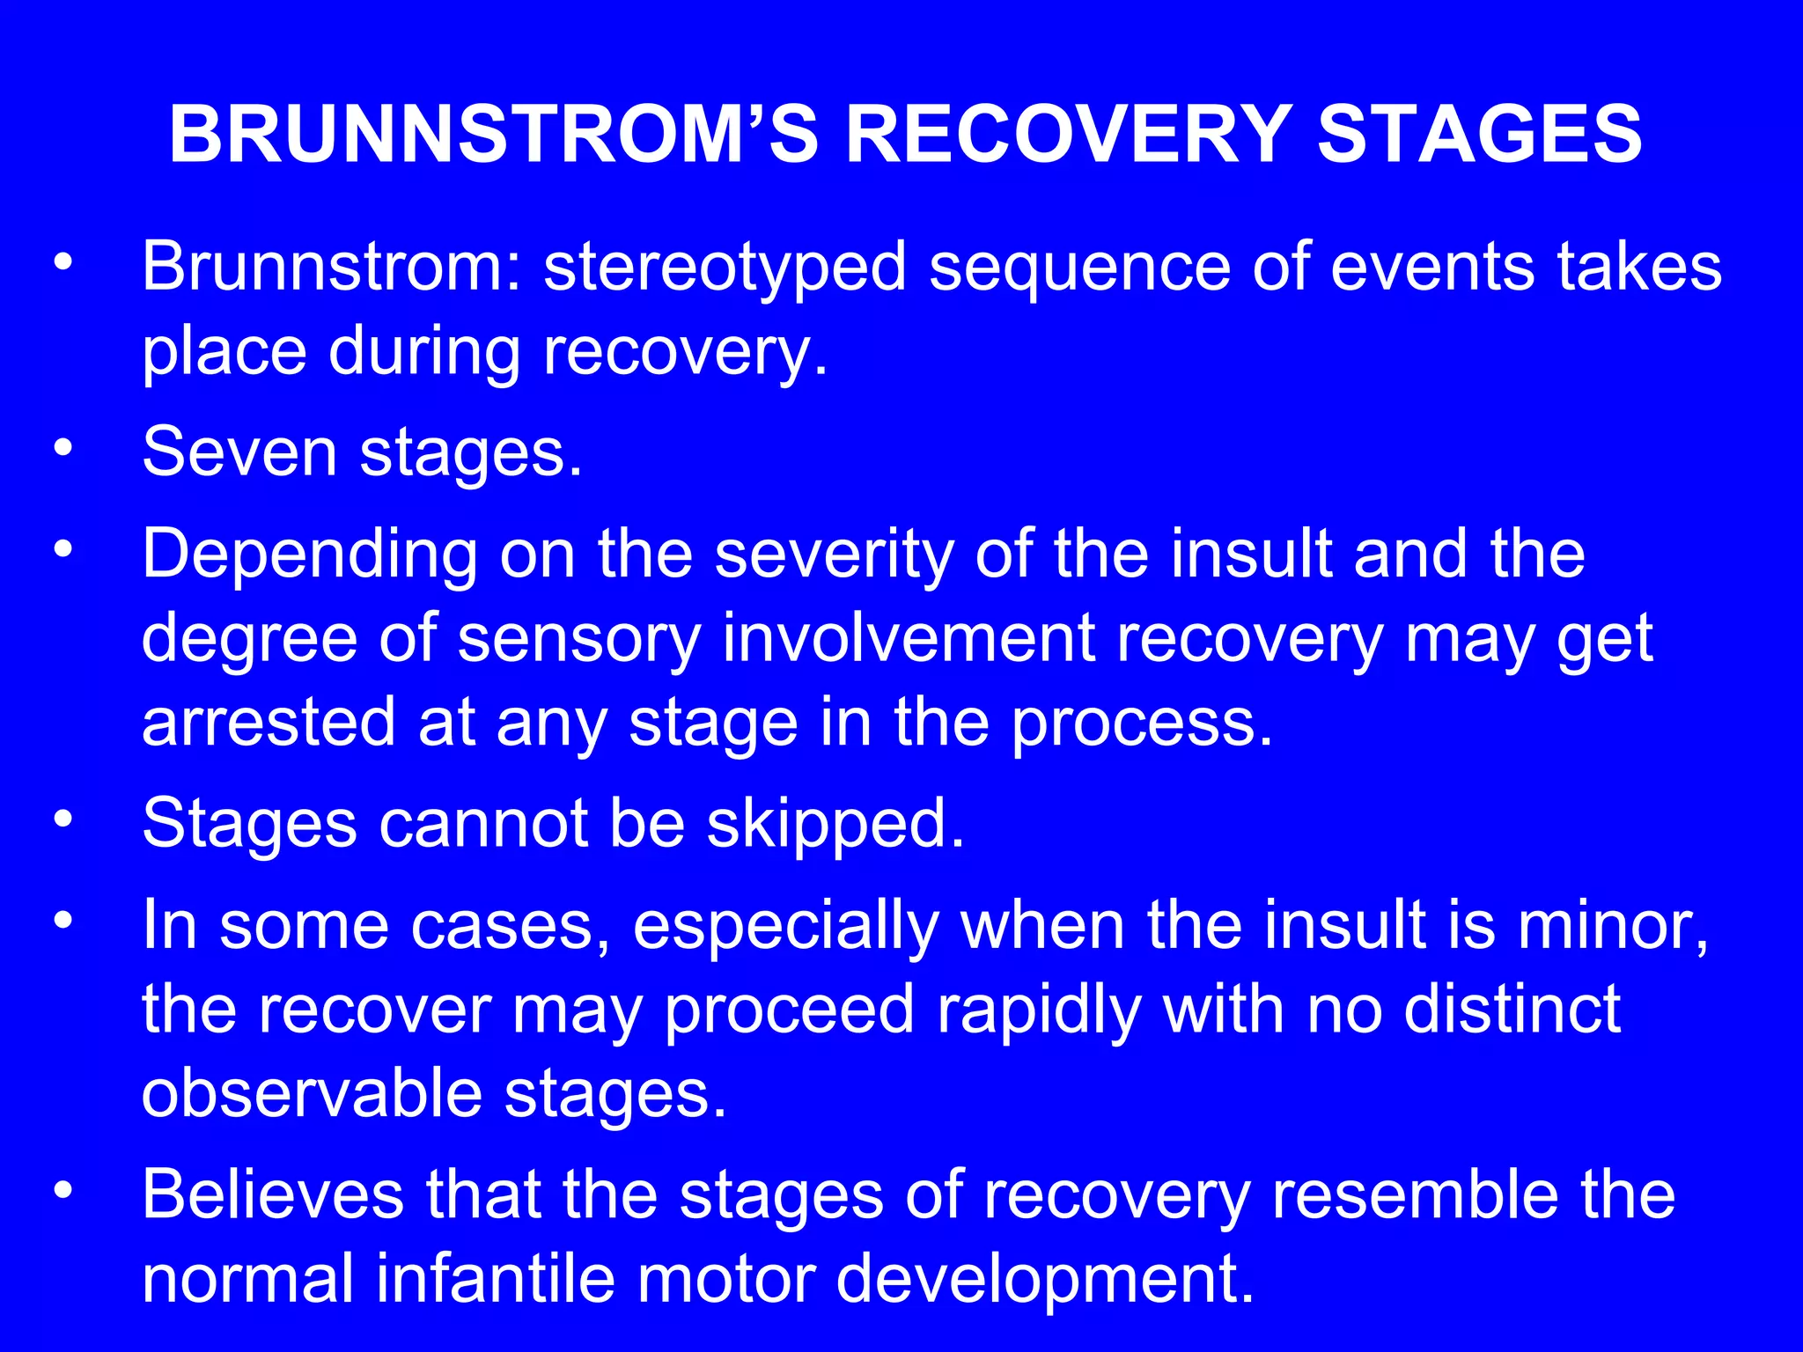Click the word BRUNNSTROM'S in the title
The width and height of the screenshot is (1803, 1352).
point(494,134)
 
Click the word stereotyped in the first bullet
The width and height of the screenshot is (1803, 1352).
point(725,268)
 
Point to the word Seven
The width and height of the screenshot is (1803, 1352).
point(239,452)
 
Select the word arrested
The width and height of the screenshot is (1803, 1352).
point(268,722)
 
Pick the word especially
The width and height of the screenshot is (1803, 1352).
point(785,927)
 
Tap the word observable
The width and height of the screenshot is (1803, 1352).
point(312,1094)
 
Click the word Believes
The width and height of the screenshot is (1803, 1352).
point(272,1195)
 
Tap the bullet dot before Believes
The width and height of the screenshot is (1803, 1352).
point(62,1191)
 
